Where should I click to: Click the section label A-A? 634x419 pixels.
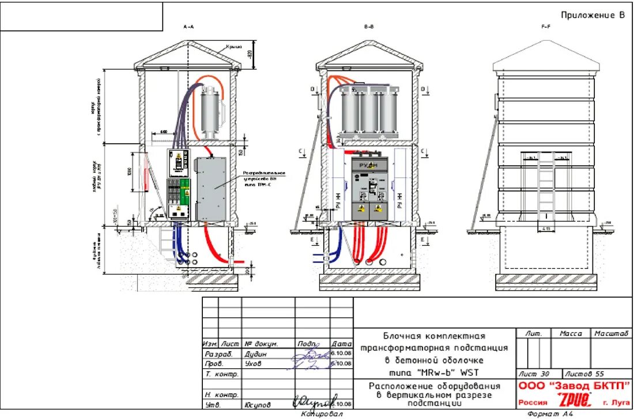(188, 27)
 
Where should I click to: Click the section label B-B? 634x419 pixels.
(369, 27)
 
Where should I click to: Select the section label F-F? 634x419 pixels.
(546, 27)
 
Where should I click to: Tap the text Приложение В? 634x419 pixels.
(593, 16)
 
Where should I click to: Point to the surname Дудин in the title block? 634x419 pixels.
(256, 354)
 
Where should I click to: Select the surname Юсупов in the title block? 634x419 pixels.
(258, 405)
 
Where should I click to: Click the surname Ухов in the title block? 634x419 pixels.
(253, 364)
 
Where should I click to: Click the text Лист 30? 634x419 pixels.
(534, 374)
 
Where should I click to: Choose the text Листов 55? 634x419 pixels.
(584, 374)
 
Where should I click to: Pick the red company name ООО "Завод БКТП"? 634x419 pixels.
(574, 386)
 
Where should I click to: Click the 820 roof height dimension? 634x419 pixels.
(250, 55)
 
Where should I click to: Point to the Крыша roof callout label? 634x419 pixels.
(233, 47)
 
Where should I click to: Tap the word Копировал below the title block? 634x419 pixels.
(322, 414)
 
